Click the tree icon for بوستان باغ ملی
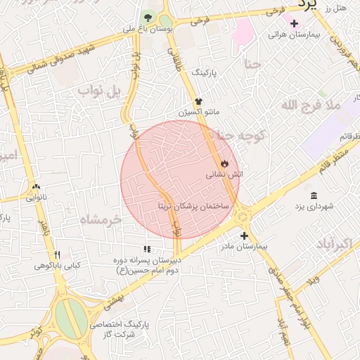[x=148, y=17]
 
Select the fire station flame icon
[x=224, y=163]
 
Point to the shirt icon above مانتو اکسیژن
[x=198, y=102]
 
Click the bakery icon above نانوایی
[x=36, y=187]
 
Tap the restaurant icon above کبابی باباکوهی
[x=58, y=255]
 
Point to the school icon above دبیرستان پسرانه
[x=147, y=249]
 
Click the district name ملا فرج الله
[x=310, y=105]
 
